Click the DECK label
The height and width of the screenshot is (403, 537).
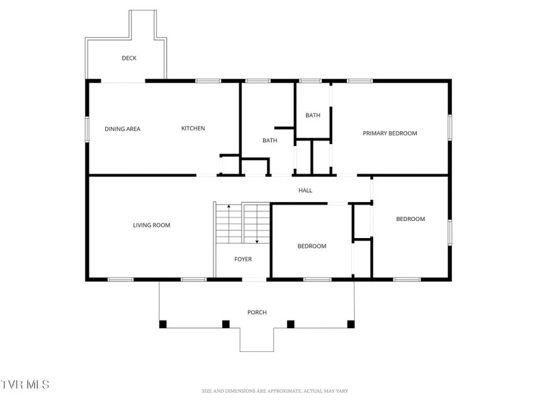129,59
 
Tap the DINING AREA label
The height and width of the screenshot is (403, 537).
123,129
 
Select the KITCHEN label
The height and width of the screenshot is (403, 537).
193,128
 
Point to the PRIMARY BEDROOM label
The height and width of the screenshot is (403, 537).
390,133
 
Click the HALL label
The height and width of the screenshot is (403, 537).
305,191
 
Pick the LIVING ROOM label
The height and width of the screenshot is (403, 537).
152,225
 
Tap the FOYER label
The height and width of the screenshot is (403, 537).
243,259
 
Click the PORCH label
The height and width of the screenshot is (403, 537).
257,312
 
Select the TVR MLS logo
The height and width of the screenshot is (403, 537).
25,384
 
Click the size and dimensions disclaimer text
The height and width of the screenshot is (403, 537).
275,391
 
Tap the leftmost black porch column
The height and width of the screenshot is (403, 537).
163,324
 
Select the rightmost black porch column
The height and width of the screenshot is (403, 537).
351,324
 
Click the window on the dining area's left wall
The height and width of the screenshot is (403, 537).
88,129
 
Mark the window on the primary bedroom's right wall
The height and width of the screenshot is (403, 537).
449,127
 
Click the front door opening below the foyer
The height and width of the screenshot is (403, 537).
254,280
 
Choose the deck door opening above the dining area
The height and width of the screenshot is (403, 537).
123,81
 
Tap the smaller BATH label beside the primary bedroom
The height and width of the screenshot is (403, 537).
313,115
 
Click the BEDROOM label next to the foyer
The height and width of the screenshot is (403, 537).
312,246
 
